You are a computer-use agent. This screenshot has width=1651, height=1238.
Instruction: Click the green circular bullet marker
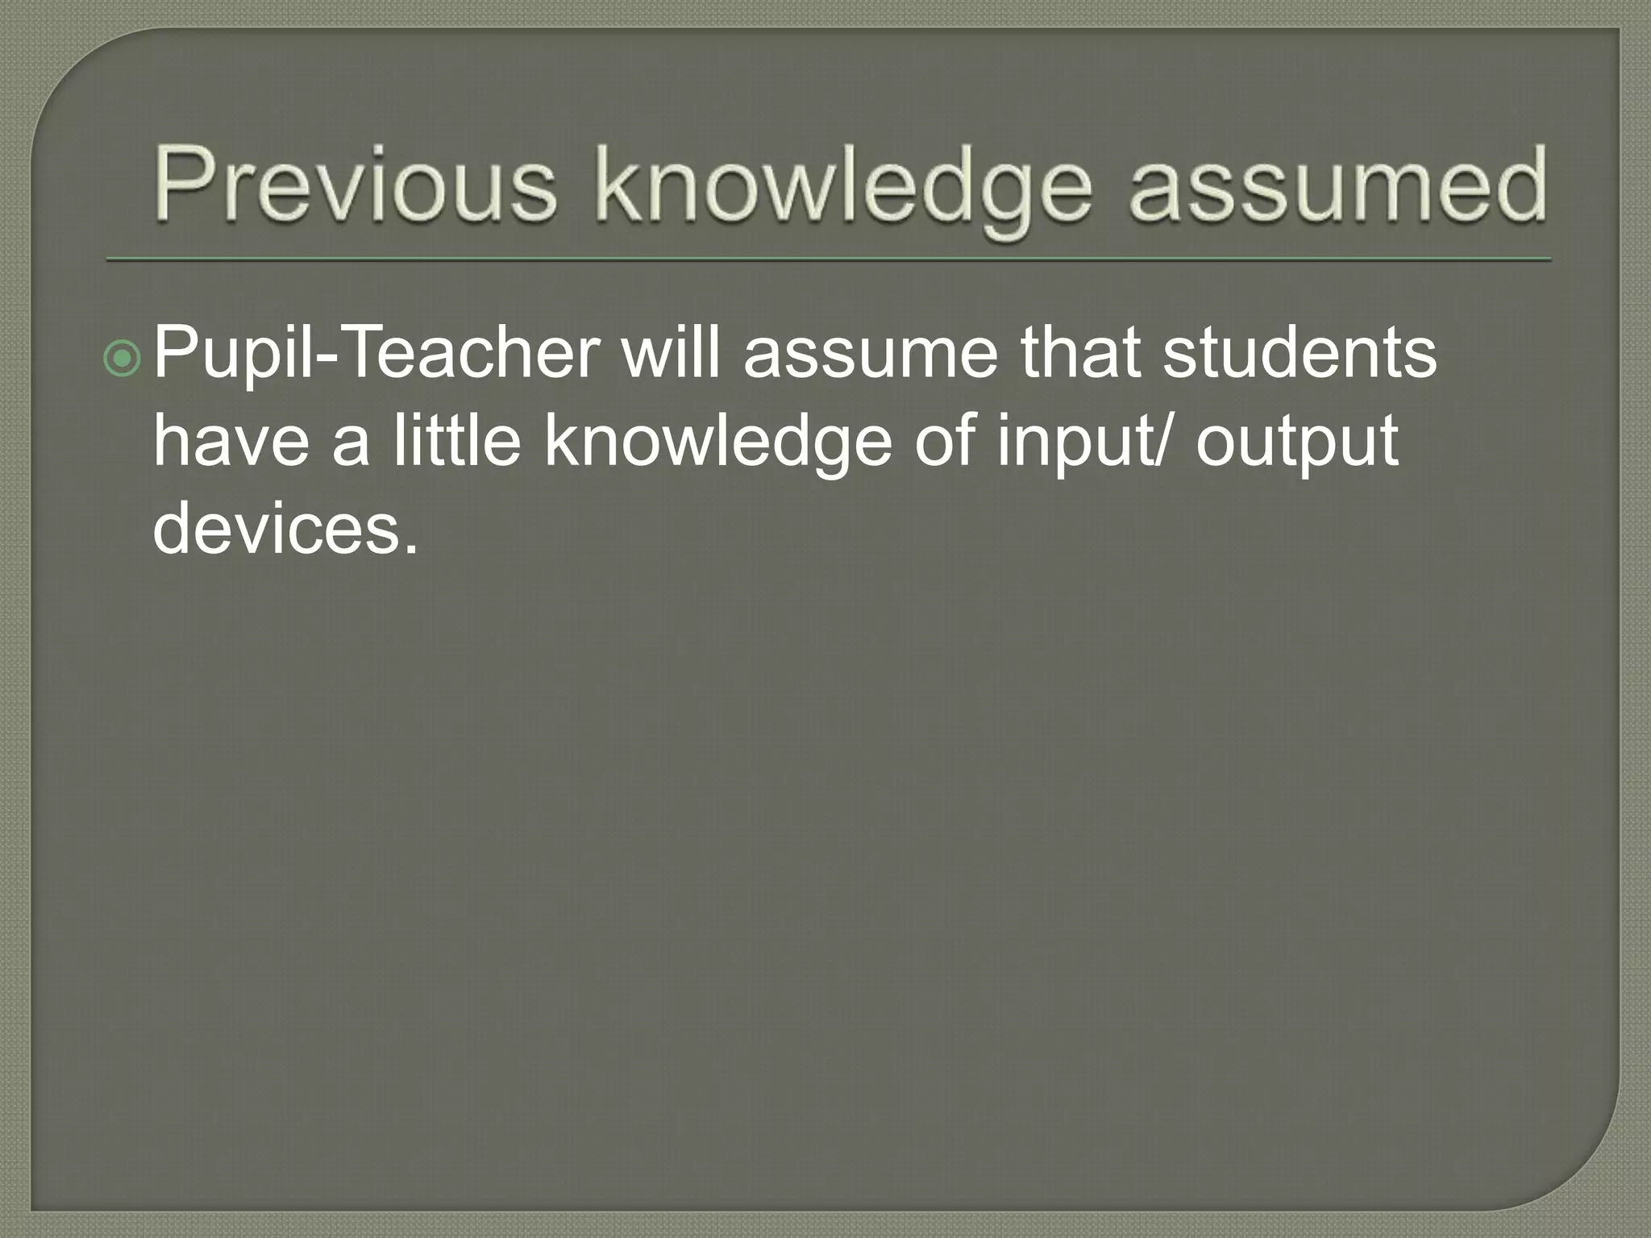[x=123, y=359]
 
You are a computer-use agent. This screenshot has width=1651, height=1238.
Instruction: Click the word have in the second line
[x=231, y=441]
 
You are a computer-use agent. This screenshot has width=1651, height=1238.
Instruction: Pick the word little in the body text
[x=457, y=441]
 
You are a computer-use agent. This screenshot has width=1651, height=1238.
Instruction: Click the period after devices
[x=411, y=550]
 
